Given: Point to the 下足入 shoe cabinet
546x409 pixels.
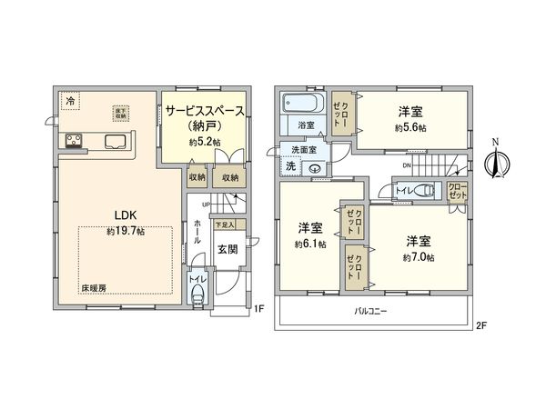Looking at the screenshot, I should point(224,223).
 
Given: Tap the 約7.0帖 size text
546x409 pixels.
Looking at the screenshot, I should point(419,258).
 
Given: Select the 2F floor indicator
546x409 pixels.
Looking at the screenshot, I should point(481,324).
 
